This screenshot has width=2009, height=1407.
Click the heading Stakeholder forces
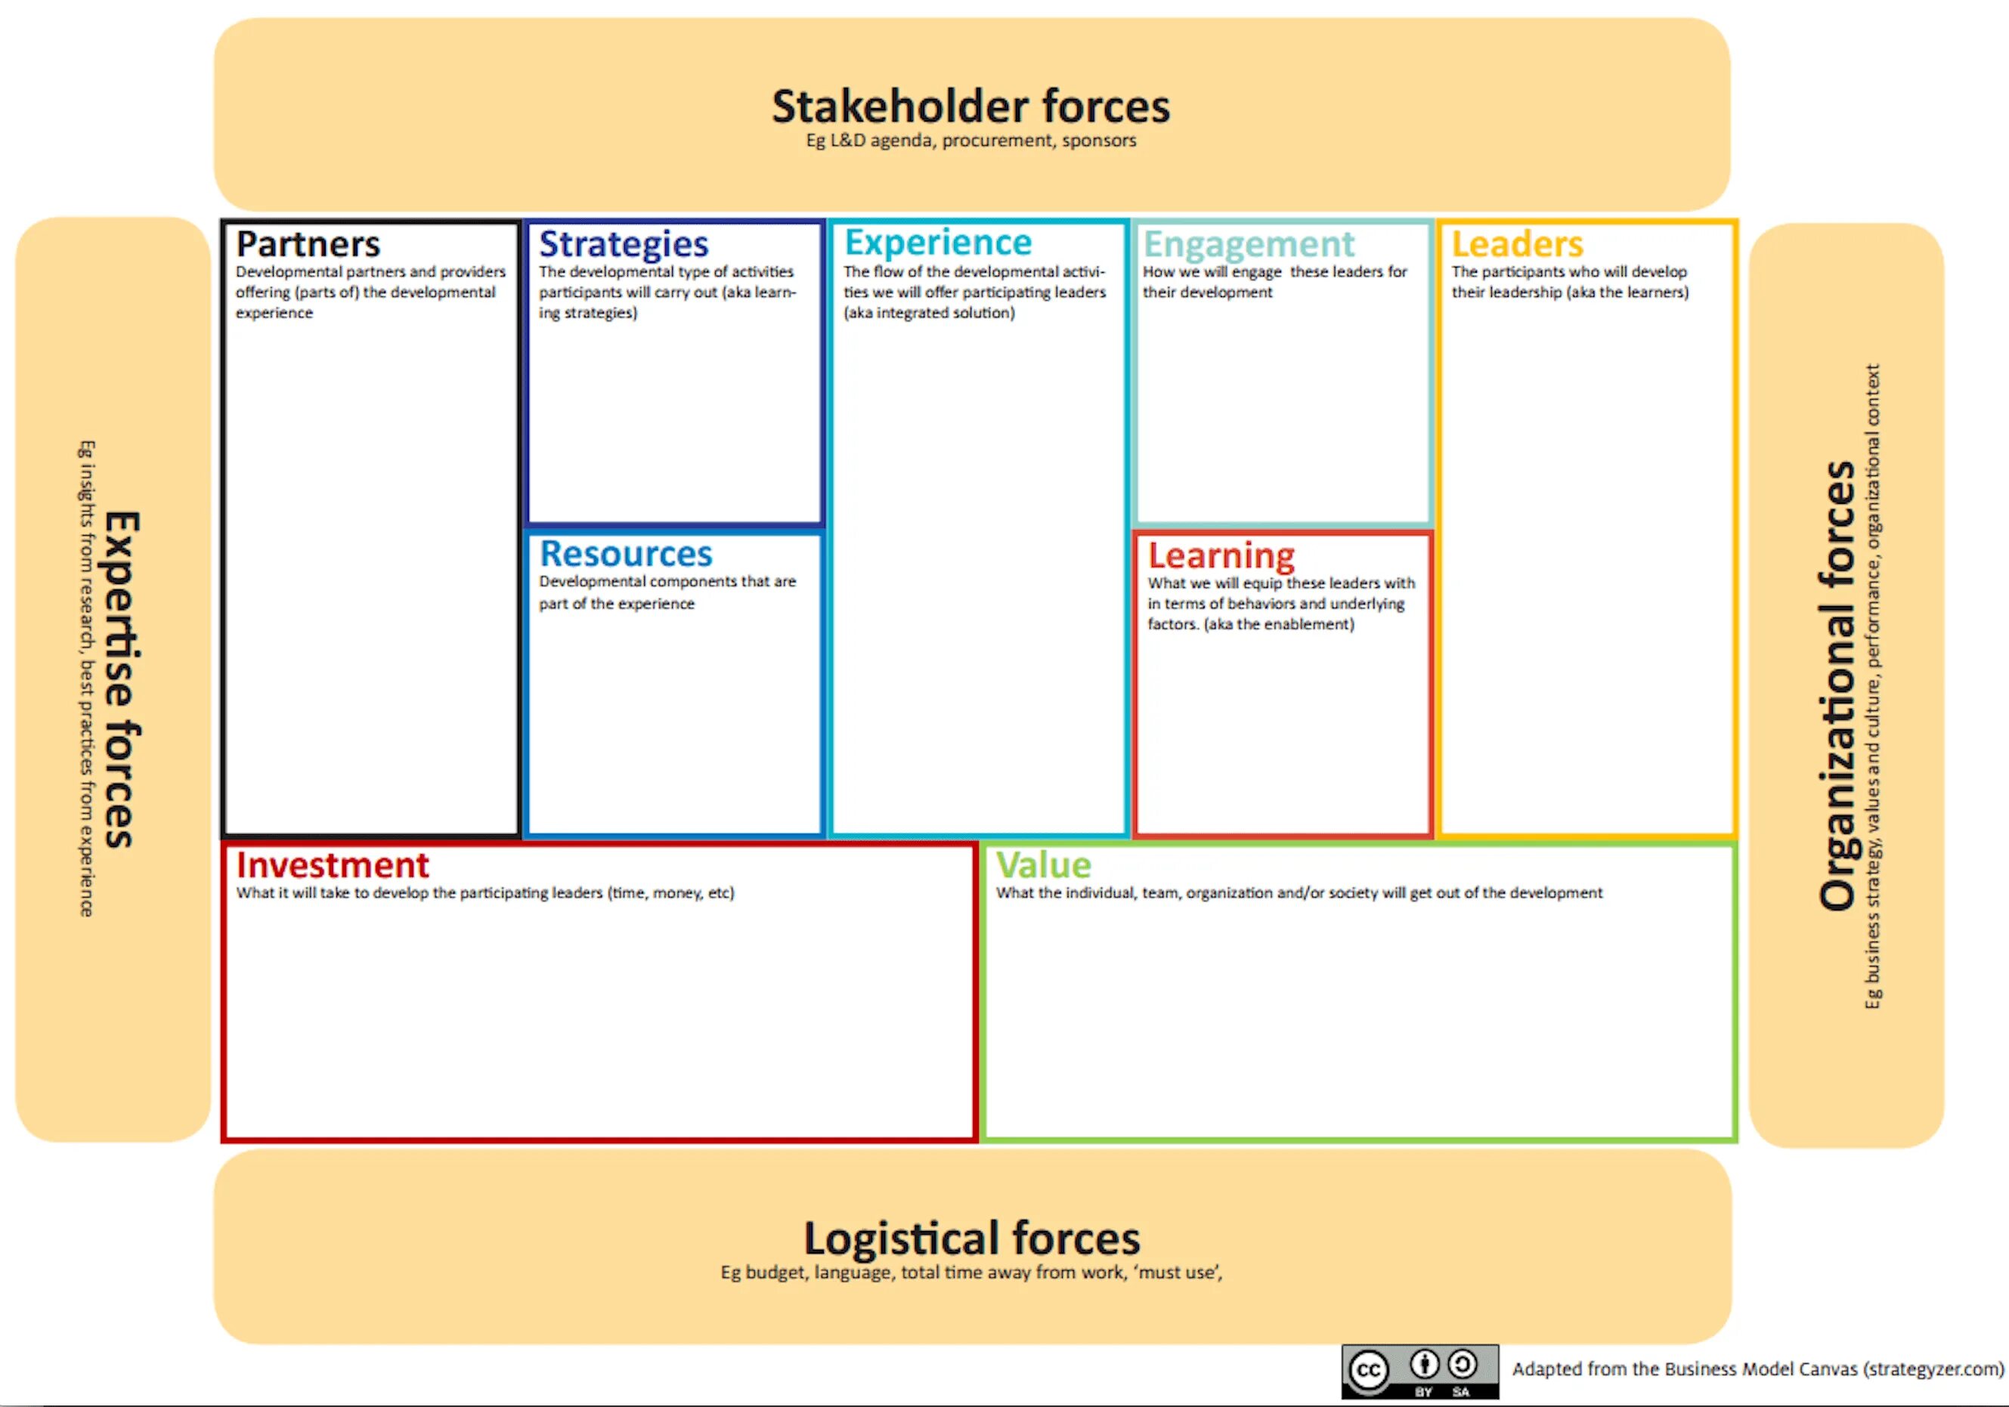(x=970, y=107)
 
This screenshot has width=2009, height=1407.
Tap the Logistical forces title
(x=971, y=1238)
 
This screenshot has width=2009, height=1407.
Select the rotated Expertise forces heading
(x=122, y=679)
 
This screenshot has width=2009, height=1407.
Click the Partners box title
(x=308, y=243)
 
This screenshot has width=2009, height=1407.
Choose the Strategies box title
(x=623, y=244)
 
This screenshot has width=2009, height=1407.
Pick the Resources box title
(x=626, y=554)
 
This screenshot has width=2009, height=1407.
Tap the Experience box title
(x=938, y=243)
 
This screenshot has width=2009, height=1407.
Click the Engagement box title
(x=1249, y=244)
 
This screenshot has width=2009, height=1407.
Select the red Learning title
(x=1221, y=555)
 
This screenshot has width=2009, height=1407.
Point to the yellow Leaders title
(x=1517, y=243)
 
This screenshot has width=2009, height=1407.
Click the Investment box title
(x=333, y=865)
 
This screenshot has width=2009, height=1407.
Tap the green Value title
(x=1043, y=865)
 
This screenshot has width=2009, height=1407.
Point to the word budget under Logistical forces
(x=775, y=1272)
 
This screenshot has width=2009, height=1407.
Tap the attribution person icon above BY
(x=1424, y=1363)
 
